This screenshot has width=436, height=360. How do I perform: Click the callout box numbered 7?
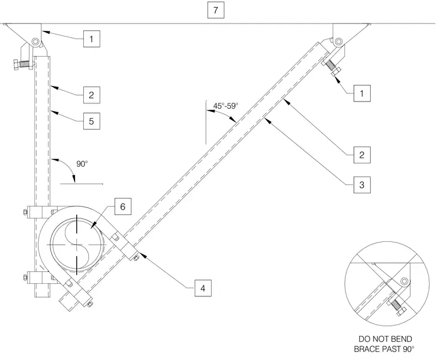[x=216, y=10]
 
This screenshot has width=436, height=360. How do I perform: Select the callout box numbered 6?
[x=123, y=206]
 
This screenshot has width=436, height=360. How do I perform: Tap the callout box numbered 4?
[x=203, y=288]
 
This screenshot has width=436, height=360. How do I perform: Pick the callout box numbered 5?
[x=91, y=121]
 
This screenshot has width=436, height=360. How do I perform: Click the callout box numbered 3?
[x=362, y=185]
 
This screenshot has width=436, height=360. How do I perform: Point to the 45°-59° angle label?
[x=226, y=106]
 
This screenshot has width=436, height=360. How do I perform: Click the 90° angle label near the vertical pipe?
[x=82, y=164]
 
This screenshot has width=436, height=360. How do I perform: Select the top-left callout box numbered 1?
[x=91, y=39]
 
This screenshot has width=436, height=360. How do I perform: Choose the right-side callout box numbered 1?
[x=362, y=93]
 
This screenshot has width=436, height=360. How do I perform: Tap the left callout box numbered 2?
[x=91, y=95]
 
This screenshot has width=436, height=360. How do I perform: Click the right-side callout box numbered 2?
[x=362, y=155]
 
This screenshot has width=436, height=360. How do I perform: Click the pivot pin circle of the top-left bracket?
[x=36, y=42]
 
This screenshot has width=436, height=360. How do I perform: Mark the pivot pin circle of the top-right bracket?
[x=338, y=42]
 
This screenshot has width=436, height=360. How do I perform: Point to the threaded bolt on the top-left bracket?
[x=22, y=64]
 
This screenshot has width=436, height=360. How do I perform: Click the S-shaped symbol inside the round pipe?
[x=76, y=245]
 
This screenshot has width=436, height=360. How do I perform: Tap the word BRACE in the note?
[x=366, y=349]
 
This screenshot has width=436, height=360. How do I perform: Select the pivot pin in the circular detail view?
[x=404, y=281]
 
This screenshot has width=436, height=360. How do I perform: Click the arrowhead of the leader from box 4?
[x=142, y=254]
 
